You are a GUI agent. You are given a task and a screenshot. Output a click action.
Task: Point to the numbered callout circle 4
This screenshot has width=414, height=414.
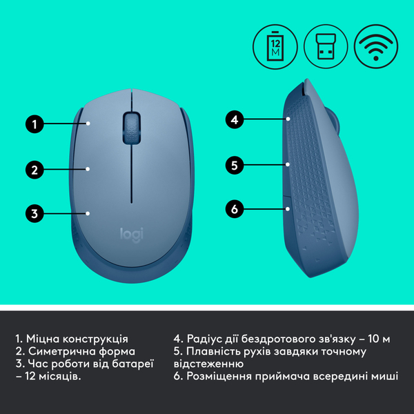[x=235, y=119]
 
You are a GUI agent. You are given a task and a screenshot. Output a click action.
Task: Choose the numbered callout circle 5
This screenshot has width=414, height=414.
[x=235, y=165]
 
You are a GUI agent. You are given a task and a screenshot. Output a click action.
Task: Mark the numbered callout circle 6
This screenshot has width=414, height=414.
[x=235, y=208]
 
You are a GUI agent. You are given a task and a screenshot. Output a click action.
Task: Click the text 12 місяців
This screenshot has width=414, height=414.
[x=52, y=377]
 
